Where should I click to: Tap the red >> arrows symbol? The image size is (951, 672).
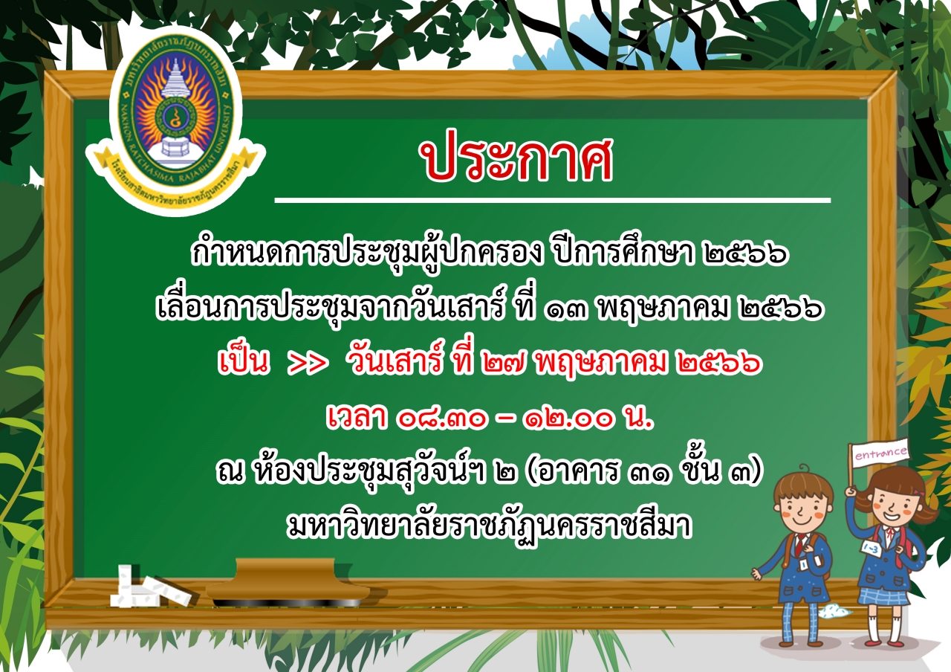pyautogui.click(x=308, y=364)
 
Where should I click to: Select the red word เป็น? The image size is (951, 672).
pyautogui.click(x=244, y=361)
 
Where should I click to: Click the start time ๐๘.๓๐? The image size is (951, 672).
pyautogui.click(x=442, y=419)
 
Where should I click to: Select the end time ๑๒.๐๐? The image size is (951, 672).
pyautogui.click(x=569, y=419)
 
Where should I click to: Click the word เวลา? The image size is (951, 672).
pyautogui.click(x=357, y=417)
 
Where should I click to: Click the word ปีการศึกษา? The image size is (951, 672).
pyautogui.click(x=625, y=251)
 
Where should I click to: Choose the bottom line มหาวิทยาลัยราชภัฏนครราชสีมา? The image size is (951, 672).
pyautogui.click(x=490, y=527)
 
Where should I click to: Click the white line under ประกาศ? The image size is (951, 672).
pyautogui.click(x=552, y=200)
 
